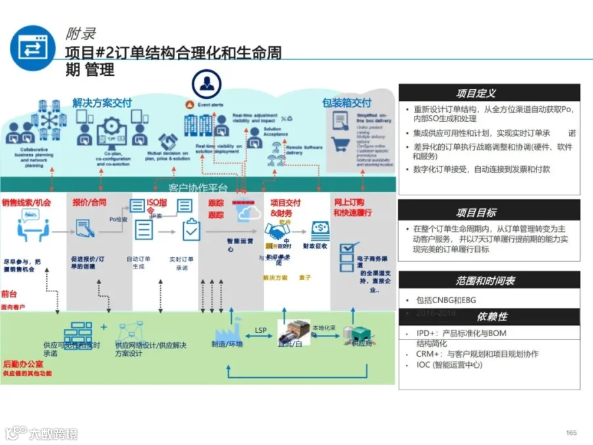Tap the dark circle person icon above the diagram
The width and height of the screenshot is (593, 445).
tap(206, 84)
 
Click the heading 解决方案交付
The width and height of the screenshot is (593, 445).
tap(102, 103)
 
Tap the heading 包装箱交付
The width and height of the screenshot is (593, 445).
tap(347, 103)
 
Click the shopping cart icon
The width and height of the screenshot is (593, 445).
tap(340, 144)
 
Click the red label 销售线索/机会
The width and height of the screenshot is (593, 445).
tap(26, 202)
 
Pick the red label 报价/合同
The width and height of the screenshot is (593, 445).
tap(89, 202)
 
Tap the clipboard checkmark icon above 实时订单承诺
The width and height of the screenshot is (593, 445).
tap(191, 229)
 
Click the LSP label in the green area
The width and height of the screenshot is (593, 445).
tap(260, 330)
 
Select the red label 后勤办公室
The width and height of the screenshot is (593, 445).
tap(24, 363)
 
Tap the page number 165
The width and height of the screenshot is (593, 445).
tap(571, 432)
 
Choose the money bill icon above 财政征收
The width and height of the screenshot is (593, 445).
tap(321, 228)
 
